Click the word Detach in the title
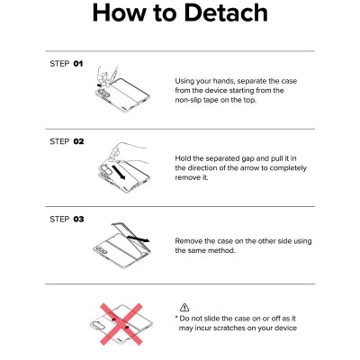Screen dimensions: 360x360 226,13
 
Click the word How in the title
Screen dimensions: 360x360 120,13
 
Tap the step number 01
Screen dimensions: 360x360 78,64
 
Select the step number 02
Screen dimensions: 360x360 78,141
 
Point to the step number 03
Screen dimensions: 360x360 78,219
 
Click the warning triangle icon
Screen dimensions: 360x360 184,307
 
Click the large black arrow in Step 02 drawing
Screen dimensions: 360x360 117,172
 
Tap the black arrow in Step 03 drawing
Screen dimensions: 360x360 138,239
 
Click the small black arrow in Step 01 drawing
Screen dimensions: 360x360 99,85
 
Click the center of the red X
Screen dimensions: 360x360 121,324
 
